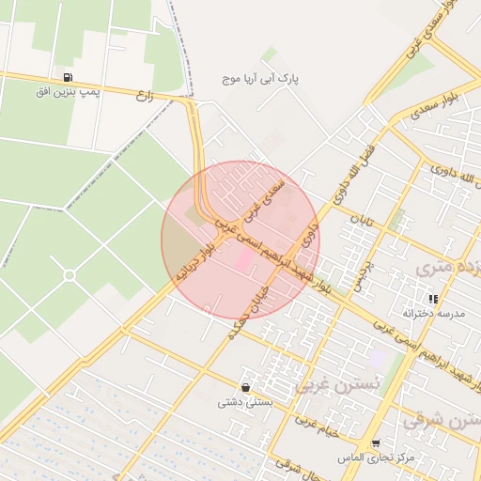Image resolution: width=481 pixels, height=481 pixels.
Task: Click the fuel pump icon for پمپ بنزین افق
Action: click(67, 77)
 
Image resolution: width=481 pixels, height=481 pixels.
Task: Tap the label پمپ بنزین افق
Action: click(67, 91)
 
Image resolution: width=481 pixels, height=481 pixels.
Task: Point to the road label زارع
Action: click(144, 95)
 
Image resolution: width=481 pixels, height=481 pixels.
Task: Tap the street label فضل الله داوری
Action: click(354, 172)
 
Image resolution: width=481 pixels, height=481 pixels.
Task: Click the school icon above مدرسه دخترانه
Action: click(433, 299)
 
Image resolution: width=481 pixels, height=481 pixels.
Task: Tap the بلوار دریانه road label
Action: click(195, 262)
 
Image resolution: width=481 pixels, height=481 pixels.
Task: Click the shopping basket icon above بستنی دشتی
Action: click(244, 387)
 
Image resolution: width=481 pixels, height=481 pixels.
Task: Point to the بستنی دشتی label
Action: click(244, 402)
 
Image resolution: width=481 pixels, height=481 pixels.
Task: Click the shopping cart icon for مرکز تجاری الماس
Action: click(376, 442)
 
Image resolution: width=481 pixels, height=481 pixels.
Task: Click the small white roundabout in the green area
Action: click(69, 274)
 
